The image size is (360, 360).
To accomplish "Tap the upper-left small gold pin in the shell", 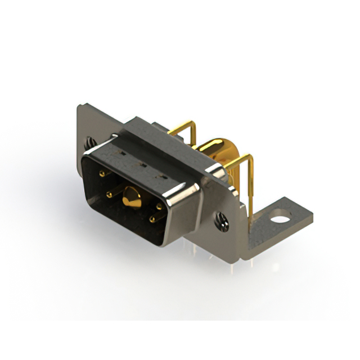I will (x=102, y=174).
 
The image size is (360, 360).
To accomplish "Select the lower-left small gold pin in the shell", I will (x=109, y=195).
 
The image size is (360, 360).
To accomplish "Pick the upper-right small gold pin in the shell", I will (x=159, y=206).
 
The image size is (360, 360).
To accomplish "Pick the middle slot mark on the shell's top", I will (x=141, y=165).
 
